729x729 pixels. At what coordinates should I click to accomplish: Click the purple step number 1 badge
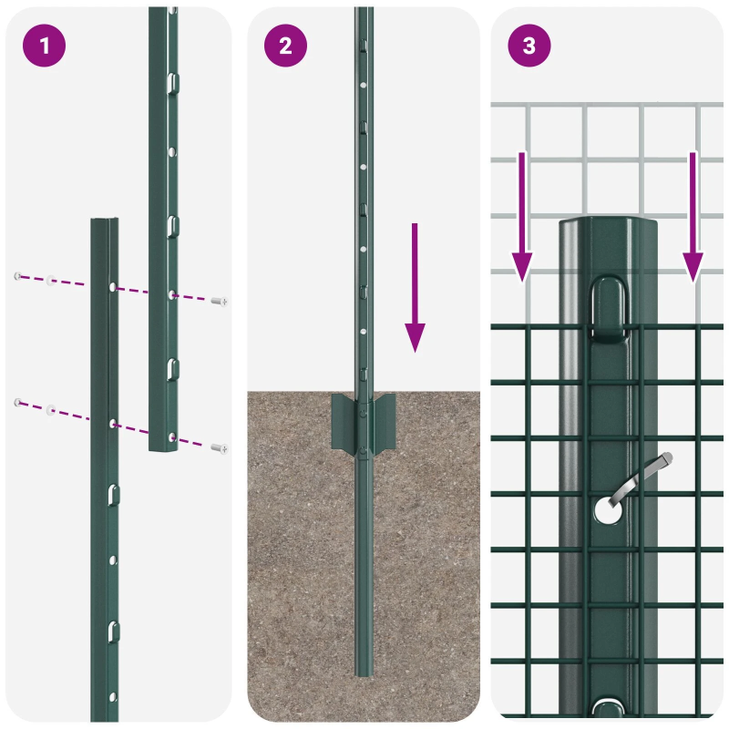pos(43,46)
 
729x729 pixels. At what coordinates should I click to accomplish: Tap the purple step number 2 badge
pos(286,46)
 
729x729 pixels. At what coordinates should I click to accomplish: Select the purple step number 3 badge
pos(529,46)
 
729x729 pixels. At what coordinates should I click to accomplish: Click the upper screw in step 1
pos(219,301)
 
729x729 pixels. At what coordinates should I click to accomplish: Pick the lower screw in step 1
pos(219,447)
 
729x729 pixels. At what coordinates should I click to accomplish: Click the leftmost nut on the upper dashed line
pos(17,275)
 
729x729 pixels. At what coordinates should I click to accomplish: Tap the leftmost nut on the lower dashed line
pos(17,401)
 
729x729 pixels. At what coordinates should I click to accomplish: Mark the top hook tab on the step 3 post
pos(610,310)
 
